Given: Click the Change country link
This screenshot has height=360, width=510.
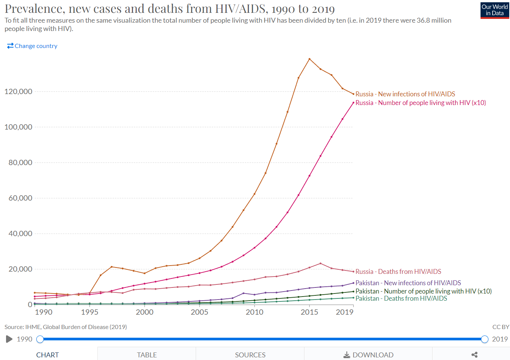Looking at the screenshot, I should pos(32,46).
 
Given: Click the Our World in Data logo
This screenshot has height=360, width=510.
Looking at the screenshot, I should pos(495,10).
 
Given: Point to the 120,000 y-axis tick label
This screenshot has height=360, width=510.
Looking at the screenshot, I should pos(18,91).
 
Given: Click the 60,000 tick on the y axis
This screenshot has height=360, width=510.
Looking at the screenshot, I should pos(20,198).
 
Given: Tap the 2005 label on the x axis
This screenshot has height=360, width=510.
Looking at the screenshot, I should pos(199,312).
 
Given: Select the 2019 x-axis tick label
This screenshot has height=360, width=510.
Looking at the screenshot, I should pos(345,312).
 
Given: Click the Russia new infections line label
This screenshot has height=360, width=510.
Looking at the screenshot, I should pos(405,94).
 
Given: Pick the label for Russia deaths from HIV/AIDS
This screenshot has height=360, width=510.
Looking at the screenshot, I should pos(398,272).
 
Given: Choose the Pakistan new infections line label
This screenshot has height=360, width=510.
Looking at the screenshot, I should pos(408,283).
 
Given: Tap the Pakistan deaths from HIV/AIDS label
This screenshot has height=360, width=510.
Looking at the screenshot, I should pos(401,298).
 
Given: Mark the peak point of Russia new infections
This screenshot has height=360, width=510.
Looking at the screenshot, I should pos(309,59).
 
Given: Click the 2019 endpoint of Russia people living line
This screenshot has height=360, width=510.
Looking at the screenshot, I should pos(353,103).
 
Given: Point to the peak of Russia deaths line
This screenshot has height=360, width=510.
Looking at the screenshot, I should pos(320,263).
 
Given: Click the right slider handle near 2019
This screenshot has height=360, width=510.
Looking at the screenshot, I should pos(485,339).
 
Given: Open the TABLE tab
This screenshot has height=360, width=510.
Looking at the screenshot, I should pos(147,355).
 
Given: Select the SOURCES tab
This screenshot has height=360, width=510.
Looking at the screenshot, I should pos(250,355).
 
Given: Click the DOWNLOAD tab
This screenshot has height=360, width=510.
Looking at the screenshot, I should pos(368,355).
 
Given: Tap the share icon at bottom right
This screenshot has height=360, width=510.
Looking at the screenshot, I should pos(474,355).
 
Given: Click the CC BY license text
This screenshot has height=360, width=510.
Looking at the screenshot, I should pos(501,327).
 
